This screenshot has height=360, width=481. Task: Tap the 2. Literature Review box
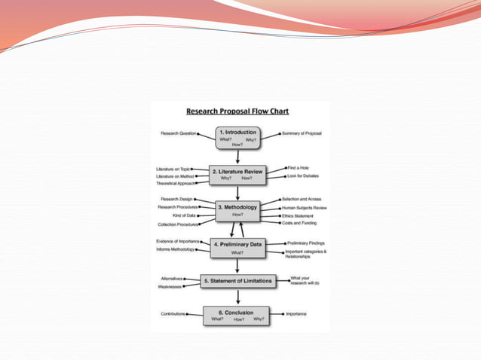click(237, 174)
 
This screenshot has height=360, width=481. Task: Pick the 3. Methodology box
click(237, 210)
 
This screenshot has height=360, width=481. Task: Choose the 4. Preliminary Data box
click(237, 248)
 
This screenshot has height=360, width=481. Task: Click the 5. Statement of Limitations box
click(237, 282)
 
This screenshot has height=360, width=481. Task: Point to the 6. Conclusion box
click(237, 315)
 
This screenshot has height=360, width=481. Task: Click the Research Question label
click(178, 133)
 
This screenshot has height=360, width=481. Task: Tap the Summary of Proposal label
click(302, 133)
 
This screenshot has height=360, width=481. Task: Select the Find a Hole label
click(298, 167)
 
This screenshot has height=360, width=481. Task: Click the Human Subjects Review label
click(304, 207)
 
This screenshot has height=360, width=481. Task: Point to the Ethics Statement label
click(299, 215)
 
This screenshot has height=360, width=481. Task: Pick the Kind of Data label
click(185, 215)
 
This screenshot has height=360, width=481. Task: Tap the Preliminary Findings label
click(305, 243)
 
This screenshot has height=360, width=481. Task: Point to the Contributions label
click(173, 313)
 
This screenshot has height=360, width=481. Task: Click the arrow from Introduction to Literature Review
click(237, 157)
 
